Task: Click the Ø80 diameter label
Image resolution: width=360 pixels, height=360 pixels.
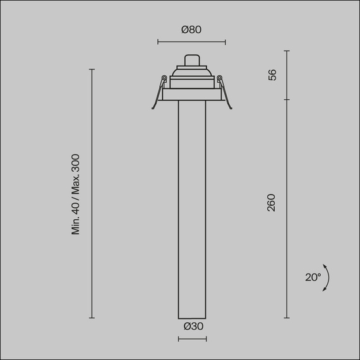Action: point(191,30)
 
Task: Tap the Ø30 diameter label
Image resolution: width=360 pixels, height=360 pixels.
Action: point(193,327)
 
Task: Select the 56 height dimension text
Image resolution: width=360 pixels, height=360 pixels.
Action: point(272,75)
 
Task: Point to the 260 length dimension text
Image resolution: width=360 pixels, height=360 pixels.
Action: point(272,203)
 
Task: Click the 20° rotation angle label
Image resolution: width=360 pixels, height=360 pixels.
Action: point(313,277)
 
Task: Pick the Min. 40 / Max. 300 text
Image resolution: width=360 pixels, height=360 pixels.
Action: point(76,194)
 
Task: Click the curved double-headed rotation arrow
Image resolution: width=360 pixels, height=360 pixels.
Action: point(327,277)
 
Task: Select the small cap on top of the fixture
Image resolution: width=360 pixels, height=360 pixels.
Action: point(192,60)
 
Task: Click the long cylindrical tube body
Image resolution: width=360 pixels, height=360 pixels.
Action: point(192,208)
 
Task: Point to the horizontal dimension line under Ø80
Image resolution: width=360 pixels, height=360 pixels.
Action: point(191,42)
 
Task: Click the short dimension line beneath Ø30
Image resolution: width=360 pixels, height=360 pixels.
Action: point(192,340)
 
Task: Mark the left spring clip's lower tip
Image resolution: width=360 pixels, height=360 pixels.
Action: point(153,108)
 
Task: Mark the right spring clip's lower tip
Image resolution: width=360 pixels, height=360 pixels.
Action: point(231,108)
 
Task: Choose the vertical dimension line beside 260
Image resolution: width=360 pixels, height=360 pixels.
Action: point(287,208)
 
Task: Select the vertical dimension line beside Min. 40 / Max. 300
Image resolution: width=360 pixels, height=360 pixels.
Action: point(92,194)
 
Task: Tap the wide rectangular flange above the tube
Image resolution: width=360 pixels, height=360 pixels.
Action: point(192,94)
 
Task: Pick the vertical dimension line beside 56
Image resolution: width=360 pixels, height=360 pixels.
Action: point(287,75)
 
